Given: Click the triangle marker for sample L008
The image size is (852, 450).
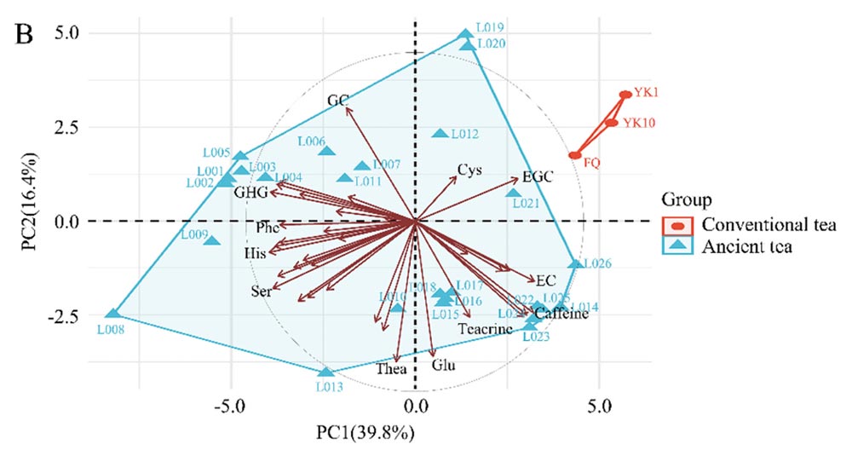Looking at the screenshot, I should tap(113, 314).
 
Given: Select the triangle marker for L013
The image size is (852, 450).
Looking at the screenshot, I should tap(325, 372).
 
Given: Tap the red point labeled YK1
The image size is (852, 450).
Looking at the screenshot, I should tap(625, 95).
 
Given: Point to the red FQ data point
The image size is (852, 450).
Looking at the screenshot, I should tap(576, 155).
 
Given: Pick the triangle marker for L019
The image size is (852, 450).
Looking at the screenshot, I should tap(465, 35).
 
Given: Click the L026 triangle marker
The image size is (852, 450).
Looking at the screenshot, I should tap(576, 264).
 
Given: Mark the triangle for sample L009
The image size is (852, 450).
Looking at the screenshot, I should tap(212, 241).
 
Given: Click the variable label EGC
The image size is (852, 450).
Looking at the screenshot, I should tap(538, 176).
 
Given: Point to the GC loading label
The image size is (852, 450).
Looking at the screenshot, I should tap(337, 101).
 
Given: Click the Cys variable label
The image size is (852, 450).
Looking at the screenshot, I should tap(469, 170).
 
